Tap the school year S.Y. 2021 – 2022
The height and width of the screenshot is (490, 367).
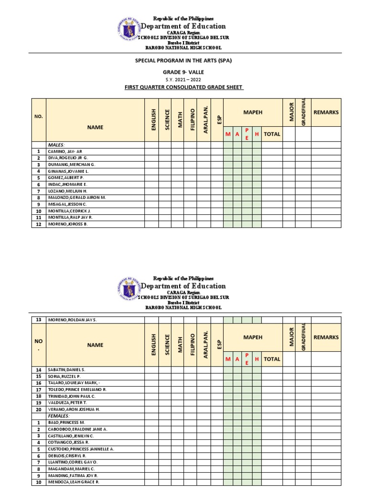pos(183,79)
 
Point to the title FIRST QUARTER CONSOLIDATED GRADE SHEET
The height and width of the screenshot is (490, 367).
pos(183,87)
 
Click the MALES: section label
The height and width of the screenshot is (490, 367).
pos(56,144)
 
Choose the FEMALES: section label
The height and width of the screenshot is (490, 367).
pos(59,416)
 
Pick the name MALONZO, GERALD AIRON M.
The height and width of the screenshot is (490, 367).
pos(77,197)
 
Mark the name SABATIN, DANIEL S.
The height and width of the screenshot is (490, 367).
pos(66,370)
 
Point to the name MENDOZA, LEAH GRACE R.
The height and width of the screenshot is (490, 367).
pos(73,482)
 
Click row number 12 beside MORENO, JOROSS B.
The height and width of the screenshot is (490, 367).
pos(38,224)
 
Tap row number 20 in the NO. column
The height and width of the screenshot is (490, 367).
pos(38,410)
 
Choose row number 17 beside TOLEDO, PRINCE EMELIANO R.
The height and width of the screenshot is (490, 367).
pos(38,390)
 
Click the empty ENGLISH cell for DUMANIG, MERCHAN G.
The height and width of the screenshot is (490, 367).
pos(151,164)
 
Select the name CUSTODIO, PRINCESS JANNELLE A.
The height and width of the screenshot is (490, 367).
pos(81,449)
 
